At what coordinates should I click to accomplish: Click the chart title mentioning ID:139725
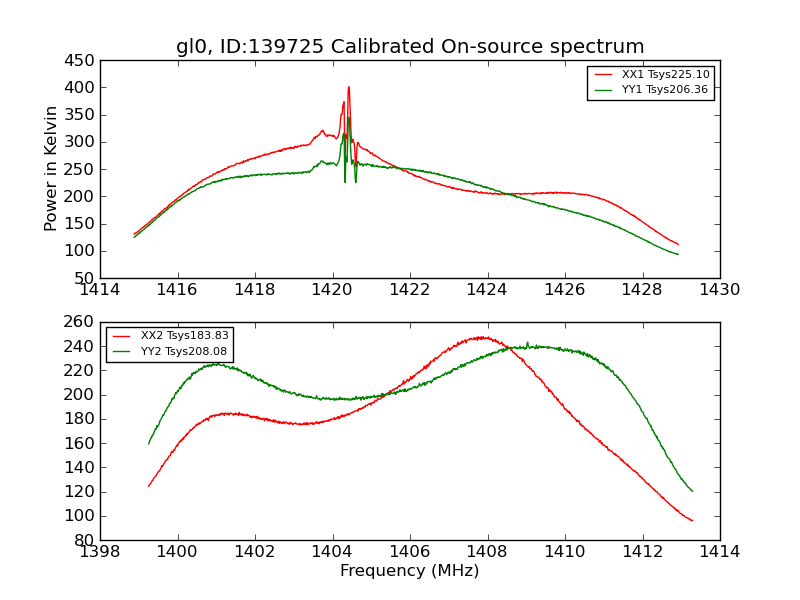click(410, 47)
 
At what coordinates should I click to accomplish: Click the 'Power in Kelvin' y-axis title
click(51, 168)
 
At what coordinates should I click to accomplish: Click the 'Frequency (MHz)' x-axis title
click(410, 571)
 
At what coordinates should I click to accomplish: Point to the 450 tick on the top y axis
click(80, 61)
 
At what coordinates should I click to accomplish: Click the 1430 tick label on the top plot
click(719, 290)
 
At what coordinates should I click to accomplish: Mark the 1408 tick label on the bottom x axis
click(487, 552)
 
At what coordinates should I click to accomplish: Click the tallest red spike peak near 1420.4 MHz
click(349, 87)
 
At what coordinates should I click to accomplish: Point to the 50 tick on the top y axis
click(84, 278)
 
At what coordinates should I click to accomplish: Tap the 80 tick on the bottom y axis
click(84, 540)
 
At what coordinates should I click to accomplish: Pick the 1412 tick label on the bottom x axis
click(642, 552)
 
